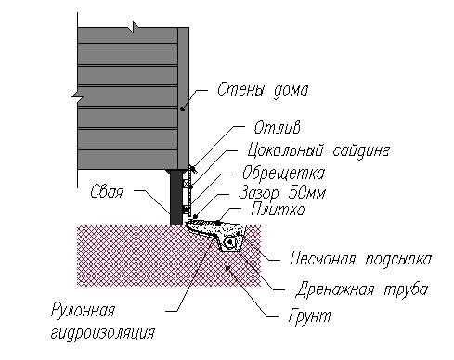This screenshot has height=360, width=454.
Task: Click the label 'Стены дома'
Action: pos(263,91)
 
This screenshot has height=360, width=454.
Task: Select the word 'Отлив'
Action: pos(277,127)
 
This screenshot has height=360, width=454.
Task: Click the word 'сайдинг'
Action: pos(361,151)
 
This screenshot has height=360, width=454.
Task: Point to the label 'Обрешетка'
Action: pos(283,173)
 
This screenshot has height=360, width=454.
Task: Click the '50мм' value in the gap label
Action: pos(307,193)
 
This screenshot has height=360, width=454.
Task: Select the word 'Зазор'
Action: pos(259,194)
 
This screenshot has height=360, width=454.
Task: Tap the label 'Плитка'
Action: pos(278,210)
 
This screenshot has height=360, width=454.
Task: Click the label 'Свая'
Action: pos(107,192)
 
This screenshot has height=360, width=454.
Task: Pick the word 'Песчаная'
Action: pos(323,259)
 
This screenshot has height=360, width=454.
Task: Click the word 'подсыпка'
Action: pos(398,259)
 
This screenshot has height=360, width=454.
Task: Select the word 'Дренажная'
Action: pos(335,289)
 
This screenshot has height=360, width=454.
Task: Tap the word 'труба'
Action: pos(406,290)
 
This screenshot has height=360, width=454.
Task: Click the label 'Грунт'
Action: pos(309,316)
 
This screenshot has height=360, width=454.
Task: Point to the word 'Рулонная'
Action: pos(83,310)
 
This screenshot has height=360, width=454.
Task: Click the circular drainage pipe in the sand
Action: pos(230,243)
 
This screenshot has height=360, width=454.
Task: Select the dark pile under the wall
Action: pos(176,197)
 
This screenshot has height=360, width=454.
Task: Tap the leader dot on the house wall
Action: pos(183,109)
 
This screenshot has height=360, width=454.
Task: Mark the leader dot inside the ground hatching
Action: pos(227,268)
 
